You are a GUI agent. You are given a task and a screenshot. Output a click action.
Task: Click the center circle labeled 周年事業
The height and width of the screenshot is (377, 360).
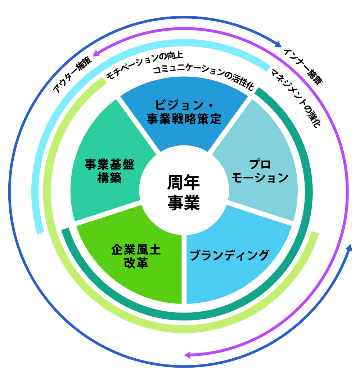(184, 193)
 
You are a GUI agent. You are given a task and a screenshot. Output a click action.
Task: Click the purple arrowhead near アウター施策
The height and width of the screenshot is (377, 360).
(96, 54)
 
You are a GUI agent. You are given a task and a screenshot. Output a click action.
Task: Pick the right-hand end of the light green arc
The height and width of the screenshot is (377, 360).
(314, 234)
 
